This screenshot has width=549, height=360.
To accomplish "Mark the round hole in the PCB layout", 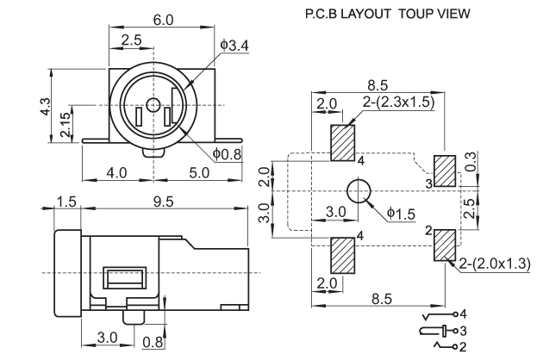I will point(359,191).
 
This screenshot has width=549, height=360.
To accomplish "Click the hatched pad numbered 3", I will point(445,171).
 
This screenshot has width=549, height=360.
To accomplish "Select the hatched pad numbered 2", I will point(446,245).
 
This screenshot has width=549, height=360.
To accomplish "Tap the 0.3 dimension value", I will point(472,161).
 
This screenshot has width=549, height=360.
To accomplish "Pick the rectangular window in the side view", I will point(125,277).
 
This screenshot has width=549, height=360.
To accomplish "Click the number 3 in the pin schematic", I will point(464,331).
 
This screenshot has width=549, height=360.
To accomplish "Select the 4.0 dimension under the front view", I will point(116,173).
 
